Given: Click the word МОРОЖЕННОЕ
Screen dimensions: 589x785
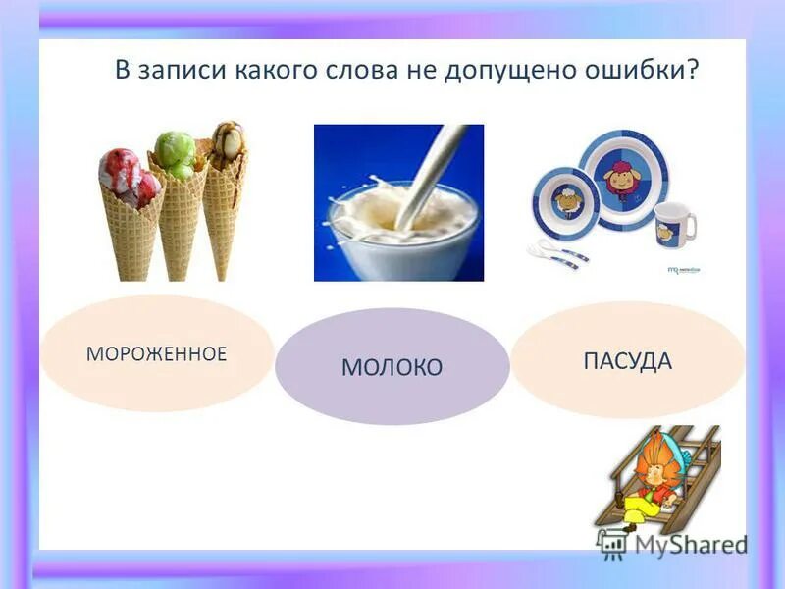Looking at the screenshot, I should (157, 354).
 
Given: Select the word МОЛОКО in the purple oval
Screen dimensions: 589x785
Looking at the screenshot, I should (392, 368).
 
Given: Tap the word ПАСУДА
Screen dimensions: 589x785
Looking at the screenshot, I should (627, 361).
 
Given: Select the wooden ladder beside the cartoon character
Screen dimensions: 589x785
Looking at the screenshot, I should (697, 461).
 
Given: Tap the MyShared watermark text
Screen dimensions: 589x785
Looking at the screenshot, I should (687, 543).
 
